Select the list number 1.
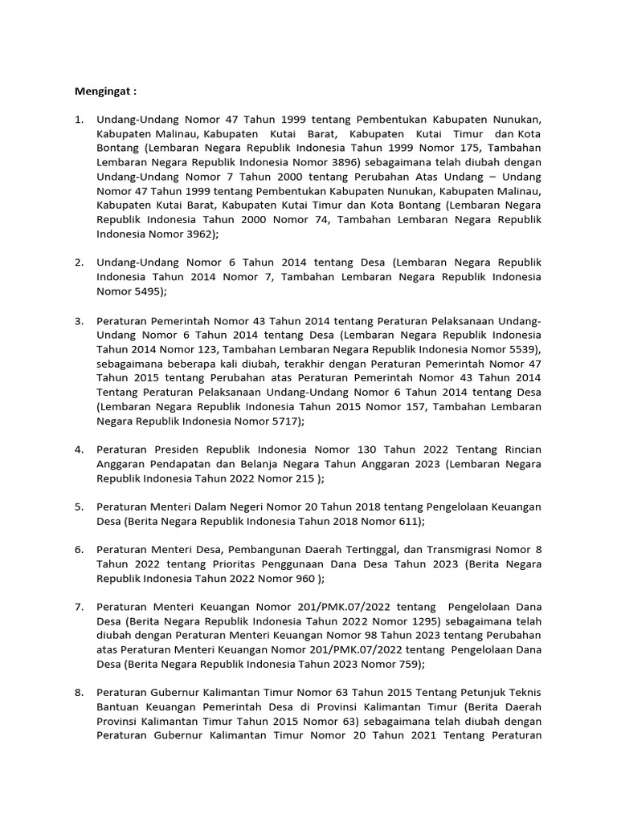79,120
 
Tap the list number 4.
79,450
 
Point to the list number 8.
79,690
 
